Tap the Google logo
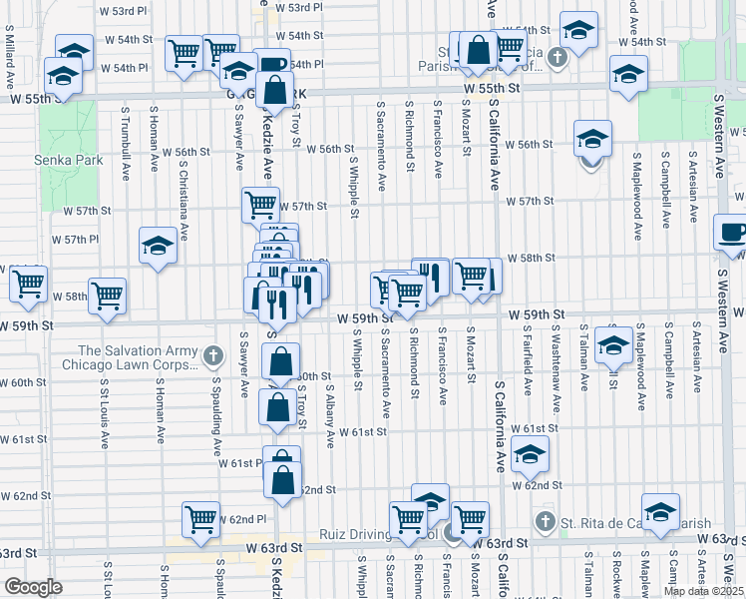coord(33,587)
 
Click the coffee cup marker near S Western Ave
coord(733,233)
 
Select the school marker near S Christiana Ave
coord(158,245)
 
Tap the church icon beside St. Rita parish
coord(545,521)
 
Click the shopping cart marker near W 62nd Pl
coord(200,518)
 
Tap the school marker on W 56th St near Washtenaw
coord(592,138)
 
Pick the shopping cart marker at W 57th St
coord(260,205)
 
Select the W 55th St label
coord(493,89)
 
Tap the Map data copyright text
coord(702,590)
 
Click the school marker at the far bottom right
coord(660,511)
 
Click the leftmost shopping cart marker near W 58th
coord(28,284)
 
